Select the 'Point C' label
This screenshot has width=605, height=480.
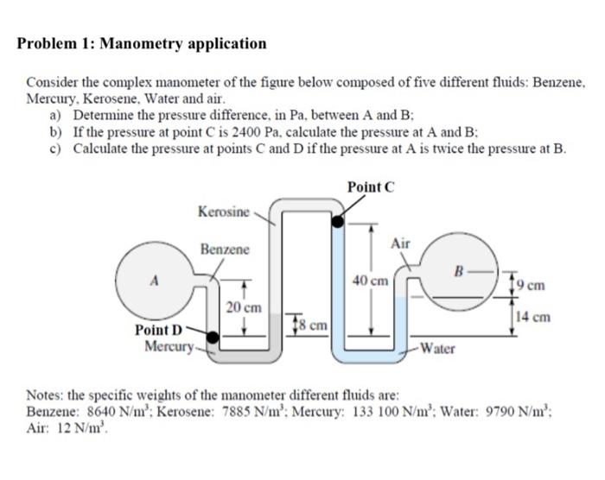pyautogui.click(x=371, y=186)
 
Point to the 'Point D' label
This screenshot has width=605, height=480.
pyautogui.click(x=159, y=330)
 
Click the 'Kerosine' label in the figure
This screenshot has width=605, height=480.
pyautogui.click(x=223, y=212)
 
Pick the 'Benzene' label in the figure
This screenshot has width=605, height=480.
pyautogui.click(x=225, y=249)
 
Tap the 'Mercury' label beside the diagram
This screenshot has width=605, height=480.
pyautogui.click(x=168, y=346)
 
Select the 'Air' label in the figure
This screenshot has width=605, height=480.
pyautogui.click(x=399, y=245)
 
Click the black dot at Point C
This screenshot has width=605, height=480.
pyautogui.click(x=337, y=222)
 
